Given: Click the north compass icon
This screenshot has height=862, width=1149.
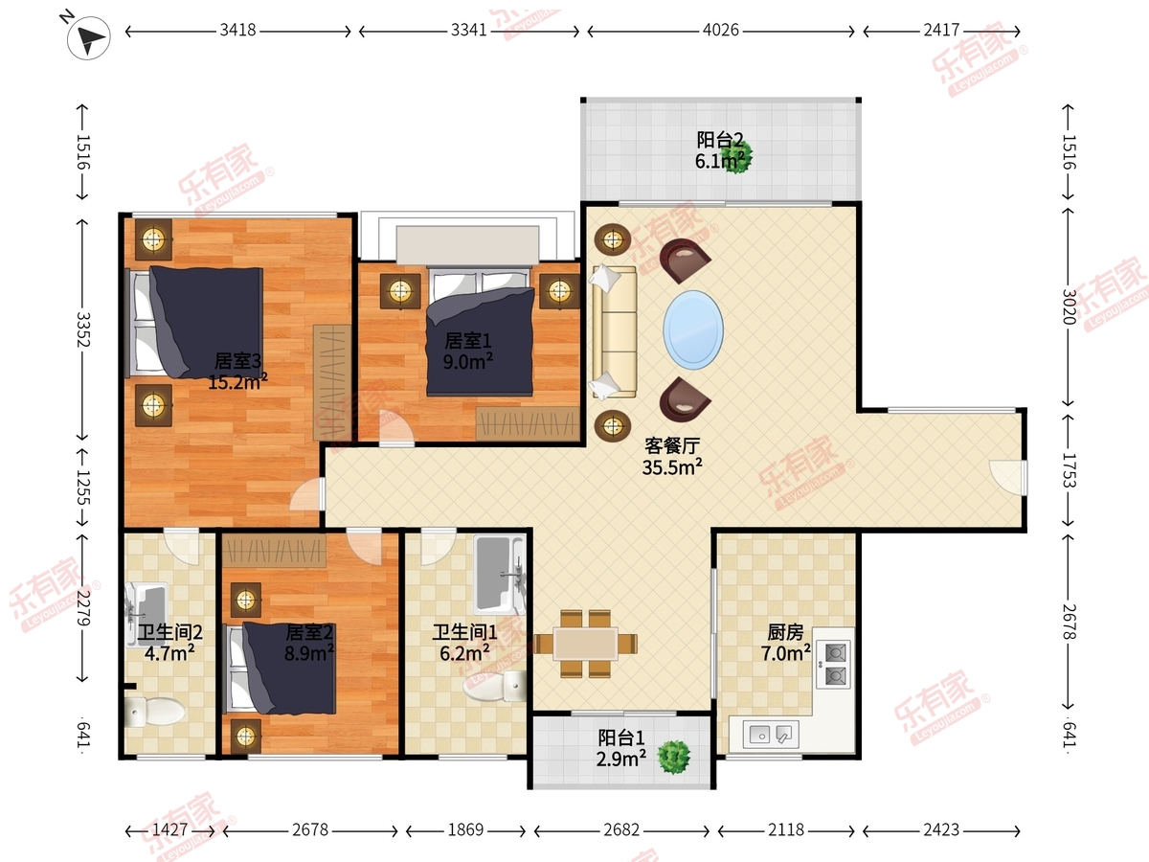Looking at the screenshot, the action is click(88, 36).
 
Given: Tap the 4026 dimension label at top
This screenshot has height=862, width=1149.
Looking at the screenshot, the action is click(720, 31).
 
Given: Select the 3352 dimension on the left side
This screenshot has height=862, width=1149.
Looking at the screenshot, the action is click(83, 329).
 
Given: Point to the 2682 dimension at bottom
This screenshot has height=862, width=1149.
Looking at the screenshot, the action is click(621, 829).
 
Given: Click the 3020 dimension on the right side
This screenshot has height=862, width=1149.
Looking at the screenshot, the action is click(1069, 306).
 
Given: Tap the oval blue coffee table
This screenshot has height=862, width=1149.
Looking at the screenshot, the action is click(693, 329).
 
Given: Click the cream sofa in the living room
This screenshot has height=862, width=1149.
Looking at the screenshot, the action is click(614, 331).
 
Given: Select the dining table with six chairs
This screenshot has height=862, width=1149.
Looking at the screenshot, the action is click(586, 644).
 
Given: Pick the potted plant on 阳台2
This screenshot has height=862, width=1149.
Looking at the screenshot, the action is click(736, 155).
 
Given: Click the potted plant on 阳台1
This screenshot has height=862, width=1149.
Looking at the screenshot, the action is click(674, 757).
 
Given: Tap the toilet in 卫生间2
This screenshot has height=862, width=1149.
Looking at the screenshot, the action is click(154, 712).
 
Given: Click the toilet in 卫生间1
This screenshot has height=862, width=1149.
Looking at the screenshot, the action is click(495, 686).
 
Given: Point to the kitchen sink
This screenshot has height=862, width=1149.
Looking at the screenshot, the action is click(771, 734).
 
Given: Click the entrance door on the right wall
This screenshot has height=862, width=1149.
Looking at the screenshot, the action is click(1008, 477).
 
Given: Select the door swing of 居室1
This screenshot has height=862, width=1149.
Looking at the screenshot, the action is click(396, 427).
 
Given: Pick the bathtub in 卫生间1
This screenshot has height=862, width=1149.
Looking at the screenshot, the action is click(500, 574).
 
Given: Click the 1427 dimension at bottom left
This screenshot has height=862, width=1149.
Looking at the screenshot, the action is click(169, 829).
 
